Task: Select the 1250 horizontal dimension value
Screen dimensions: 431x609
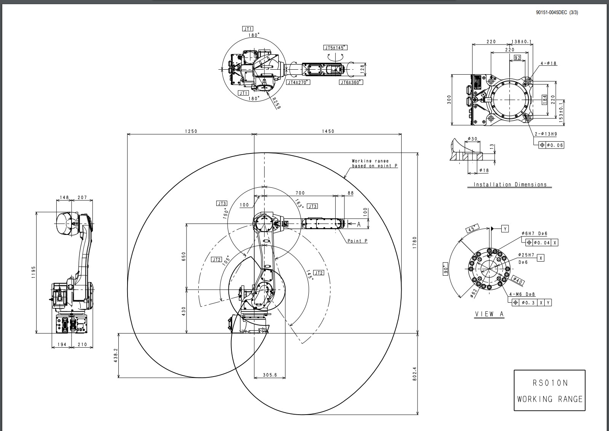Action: [x=191, y=131]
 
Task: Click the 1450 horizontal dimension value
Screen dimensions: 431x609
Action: [x=328, y=131]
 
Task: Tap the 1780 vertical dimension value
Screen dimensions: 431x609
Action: [x=415, y=243]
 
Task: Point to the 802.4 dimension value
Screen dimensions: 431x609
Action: [x=415, y=374]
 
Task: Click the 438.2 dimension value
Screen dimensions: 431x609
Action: [x=116, y=355]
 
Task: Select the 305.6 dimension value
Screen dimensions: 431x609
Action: [x=270, y=375]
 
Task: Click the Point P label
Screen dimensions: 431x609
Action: [x=357, y=241]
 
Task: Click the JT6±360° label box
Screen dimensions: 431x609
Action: [x=351, y=82]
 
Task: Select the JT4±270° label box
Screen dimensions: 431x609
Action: [x=298, y=82]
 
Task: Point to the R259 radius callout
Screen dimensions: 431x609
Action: [x=277, y=103]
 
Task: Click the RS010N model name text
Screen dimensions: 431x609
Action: [x=550, y=383]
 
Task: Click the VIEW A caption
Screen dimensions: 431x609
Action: [x=489, y=314]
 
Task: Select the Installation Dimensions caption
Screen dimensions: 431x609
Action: [x=510, y=185]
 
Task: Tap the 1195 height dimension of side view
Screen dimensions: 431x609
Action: [x=33, y=272]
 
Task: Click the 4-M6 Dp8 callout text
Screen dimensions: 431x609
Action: [x=522, y=294]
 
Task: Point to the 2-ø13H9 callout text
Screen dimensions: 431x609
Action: [x=546, y=134]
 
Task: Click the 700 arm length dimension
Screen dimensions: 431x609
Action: [x=300, y=193]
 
